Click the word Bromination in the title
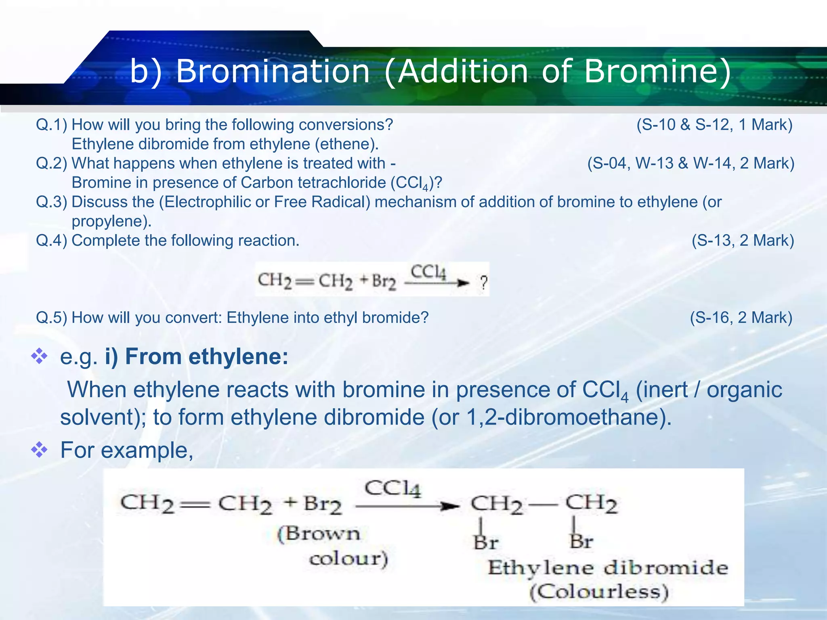pyautogui.click(x=273, y=71)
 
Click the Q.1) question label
pyautogui.click(x=51, y=125)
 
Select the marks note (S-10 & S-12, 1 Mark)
pyautogui.click(x=714, y=125)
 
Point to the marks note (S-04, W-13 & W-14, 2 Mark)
pyautogui.click(x=691, y=163)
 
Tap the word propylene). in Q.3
pyautogui.click(x=111, y=221)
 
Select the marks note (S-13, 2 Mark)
pyautogui.click(x=743, y=241)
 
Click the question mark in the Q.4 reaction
pyautogui.click(x=483, y=283)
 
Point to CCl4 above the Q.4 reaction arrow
pyautogui.click(x=428, y=272)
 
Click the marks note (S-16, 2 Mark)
pyautogui.click(x=741, y=318)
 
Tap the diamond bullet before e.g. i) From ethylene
pyautogui.click(x=40, y=356)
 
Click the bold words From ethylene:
pyautogui.click(x=207, y=357)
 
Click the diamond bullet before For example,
pyautogui.click(x=40, y=450)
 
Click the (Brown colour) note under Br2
pyautogui.click(x=332, y=546)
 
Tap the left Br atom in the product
pyautogui.click(x=486, y=542)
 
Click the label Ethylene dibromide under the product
pyautogui.click(x=608, y=568)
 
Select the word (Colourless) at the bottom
pyautogui.click(x=599, y=592)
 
